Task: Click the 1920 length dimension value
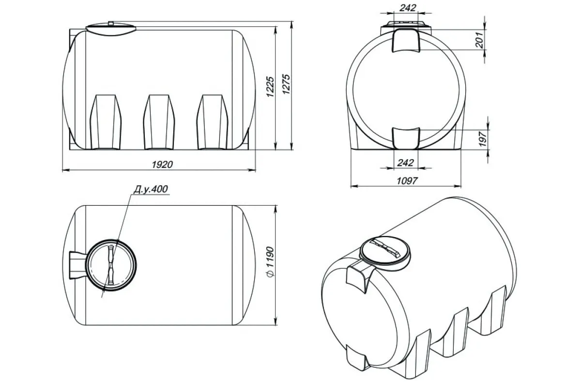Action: [x=162, y=164]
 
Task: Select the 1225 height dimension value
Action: [x=270, y=87]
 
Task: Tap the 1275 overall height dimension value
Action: [x=286, y=84]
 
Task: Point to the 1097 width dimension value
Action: [x=407, y=180]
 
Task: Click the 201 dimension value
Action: [x=480, y=40]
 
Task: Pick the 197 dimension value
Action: [x=482, y=139]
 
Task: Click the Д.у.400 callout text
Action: [x=151, y=189]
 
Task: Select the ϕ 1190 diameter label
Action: [x=270, y=262]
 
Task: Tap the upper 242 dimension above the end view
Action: [x=408, y=8]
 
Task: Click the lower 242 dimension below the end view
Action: [x=405, y=162]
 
